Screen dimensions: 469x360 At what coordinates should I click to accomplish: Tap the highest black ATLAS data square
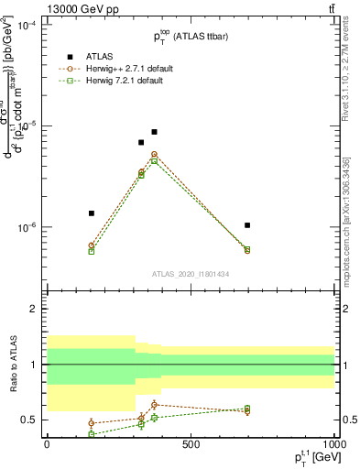[154, 132]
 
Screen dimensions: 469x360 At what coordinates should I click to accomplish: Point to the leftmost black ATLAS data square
[92, 213]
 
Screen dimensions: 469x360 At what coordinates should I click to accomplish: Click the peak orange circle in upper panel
[154, 155]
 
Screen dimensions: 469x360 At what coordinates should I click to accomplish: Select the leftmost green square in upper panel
[92, 251]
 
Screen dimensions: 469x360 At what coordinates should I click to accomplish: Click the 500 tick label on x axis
[190, 444]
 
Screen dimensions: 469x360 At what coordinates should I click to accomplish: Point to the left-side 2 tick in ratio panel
[33, 310]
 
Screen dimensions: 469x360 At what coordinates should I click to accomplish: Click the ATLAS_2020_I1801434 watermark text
[190, 274]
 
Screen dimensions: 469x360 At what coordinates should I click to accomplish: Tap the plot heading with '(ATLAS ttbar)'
[190, 37]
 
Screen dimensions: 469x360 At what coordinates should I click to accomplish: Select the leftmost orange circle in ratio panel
[92, 423]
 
